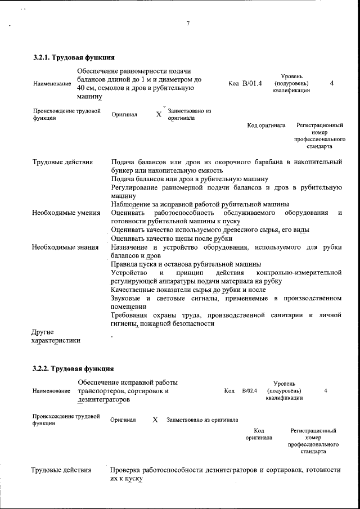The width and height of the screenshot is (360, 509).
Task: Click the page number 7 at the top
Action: (x=188, y=24)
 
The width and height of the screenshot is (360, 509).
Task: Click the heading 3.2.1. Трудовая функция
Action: (x=74, y=57)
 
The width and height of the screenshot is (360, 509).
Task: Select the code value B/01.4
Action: (x=252, y=84)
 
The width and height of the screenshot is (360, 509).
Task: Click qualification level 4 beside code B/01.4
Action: (x=332, y=83)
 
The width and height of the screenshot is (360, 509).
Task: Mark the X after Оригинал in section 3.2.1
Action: (x=159, y=115)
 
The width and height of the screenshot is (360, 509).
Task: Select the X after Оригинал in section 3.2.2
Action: (x=155, y=420)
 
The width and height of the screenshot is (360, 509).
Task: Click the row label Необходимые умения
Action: (x=66, y=213)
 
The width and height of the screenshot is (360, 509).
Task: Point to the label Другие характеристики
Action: (x=56, y=336)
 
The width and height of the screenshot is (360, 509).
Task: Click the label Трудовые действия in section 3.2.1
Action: (x=62, y=163)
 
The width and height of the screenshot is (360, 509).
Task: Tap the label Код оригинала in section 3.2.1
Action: (x=266, y=125)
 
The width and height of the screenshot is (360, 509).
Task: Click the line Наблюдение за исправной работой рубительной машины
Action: (x=200, y=204)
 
